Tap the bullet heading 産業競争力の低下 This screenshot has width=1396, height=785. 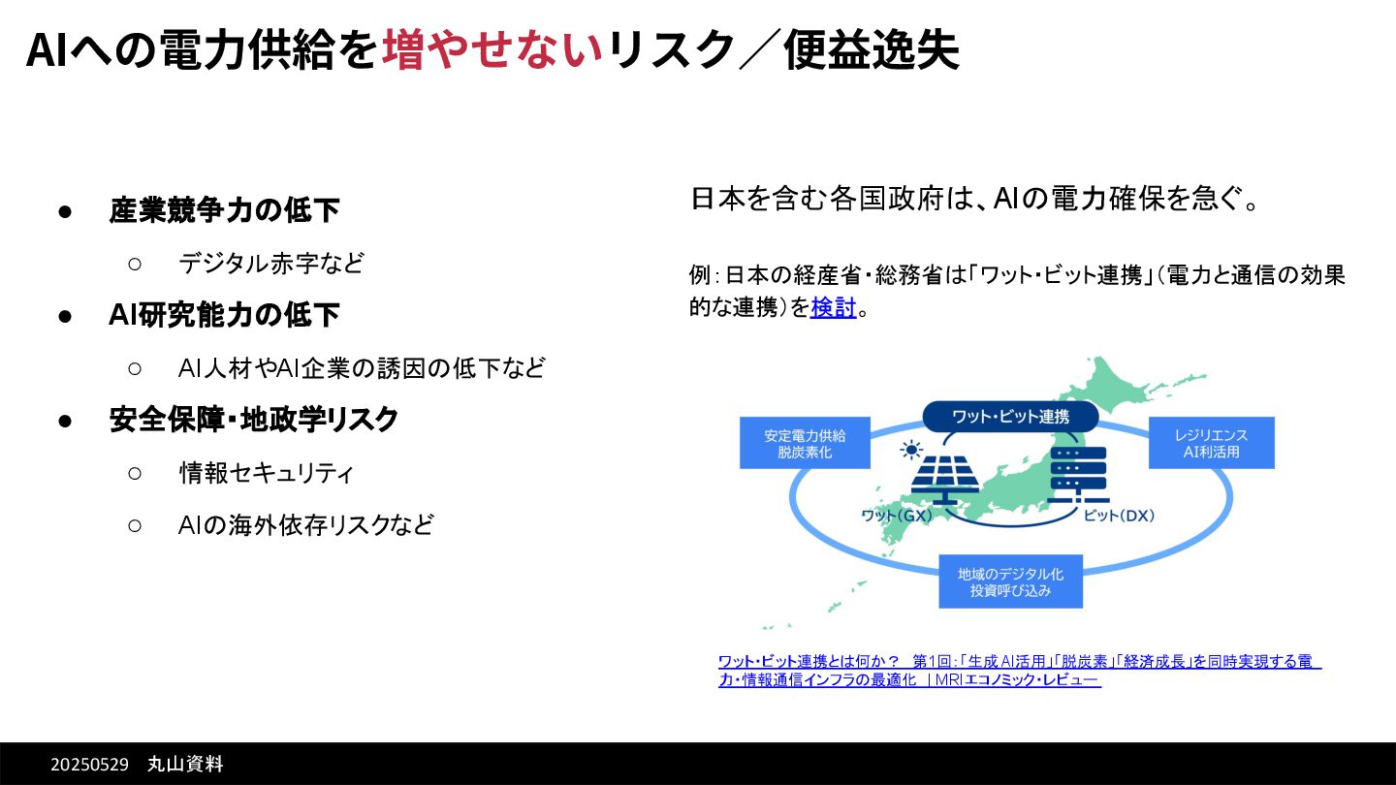pyautogui.click(x=224, y=210)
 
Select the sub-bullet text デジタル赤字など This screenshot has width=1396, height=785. pyautogui.click(x=271, y=263)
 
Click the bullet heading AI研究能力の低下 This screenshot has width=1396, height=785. pyautogui.click(x=224, y=315)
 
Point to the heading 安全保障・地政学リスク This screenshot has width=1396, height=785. pyautogui.click(x=254, y=420)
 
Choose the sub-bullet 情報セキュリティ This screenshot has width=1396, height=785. pyautogui.click(x=266, y=473)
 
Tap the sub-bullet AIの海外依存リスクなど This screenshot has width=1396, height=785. pyautogui.click(x=306, y=525)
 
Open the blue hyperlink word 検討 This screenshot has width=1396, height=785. pyautogui.click(x=834, y=308)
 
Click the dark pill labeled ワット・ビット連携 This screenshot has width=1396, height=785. pyautogui.click(x=1010, y=417)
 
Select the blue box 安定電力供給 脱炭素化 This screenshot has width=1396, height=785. pyautogui.click(x=805, y=443)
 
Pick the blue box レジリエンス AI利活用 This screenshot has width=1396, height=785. pyautogui.click(x=1211, y=443)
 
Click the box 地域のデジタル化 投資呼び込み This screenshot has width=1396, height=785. pyautogui.click(x=1010, y=581)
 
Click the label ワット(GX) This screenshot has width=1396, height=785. pyautogui.click(x=897, y=516)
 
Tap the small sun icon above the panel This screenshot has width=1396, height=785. pyautogui.click(x=910, y=450)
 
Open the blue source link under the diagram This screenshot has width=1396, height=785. pyautogui.click(x=1018, y=670)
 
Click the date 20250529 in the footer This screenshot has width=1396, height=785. pyautogui.click(x=89, y=765)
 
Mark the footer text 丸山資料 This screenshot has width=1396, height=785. pyautogui.click(x=185, y=765)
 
